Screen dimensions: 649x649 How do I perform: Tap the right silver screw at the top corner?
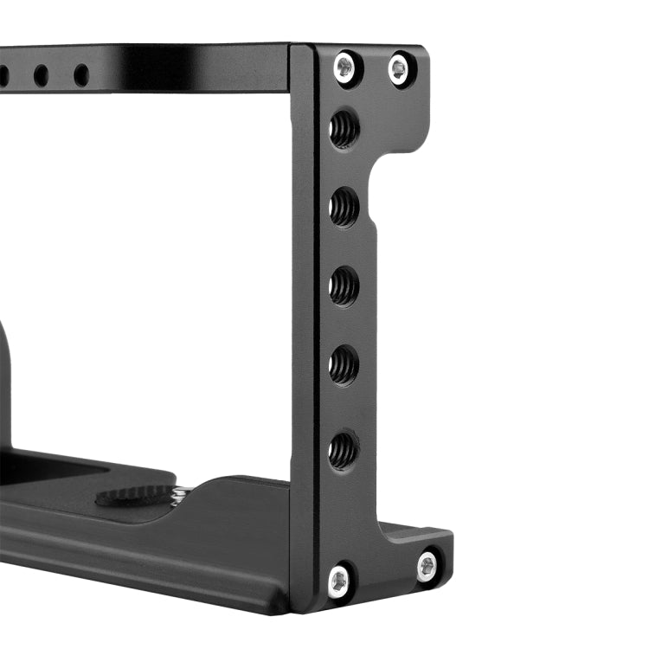click(399, 69)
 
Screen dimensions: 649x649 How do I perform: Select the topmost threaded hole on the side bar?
click(344, 130)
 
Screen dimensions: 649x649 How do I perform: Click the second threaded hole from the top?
click(344, 208)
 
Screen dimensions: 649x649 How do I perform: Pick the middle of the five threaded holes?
click(344, 286)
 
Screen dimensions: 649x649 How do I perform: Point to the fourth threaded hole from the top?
click(344, 365)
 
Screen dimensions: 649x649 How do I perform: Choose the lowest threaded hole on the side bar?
click(344, 449)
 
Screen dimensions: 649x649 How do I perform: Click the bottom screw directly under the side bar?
click(340, 580)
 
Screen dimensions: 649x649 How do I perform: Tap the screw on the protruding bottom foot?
click(427, 567)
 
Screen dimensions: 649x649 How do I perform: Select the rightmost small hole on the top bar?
click(81, 75)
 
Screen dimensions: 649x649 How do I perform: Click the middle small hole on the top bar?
click(41, 76)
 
